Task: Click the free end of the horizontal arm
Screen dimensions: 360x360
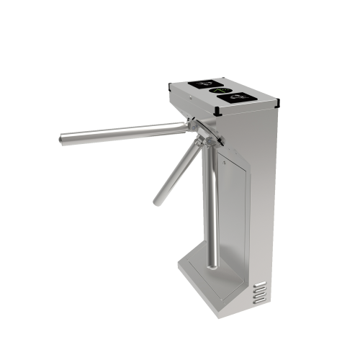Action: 61,137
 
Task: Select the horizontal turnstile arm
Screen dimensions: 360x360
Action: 122,131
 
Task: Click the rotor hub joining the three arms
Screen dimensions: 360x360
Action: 198,132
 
